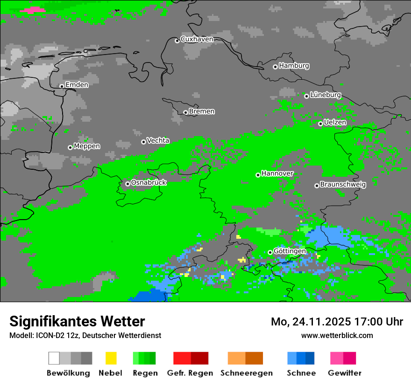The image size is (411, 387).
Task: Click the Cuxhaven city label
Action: coord(197,39)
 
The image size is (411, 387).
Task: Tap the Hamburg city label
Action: coord(294,66)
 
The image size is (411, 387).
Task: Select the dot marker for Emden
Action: coord(62,86)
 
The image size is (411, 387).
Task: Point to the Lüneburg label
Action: coord(325,95)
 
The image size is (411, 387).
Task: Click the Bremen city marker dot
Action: coord(185,112)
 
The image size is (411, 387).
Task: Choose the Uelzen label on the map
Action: coord(335,122)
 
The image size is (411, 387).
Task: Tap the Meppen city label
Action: coord(87,146)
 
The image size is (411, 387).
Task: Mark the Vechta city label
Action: coord(158,140)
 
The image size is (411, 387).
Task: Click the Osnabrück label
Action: coord(149,182)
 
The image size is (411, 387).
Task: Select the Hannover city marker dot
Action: coord(258,175)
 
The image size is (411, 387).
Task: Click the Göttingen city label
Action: coord(290,251)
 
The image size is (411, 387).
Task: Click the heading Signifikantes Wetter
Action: coord(77,321)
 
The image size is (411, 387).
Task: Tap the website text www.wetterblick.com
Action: coord(337,335)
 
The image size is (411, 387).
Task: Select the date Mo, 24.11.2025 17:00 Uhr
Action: coord(337,322)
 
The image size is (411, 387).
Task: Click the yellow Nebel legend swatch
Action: coord(111,358)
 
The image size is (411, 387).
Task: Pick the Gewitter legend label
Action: coord(344,373)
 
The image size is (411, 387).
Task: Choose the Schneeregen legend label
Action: coord(246,373)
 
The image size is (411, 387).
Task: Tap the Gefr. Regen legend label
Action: coord(190,373)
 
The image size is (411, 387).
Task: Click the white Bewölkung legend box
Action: coord(54,358)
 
